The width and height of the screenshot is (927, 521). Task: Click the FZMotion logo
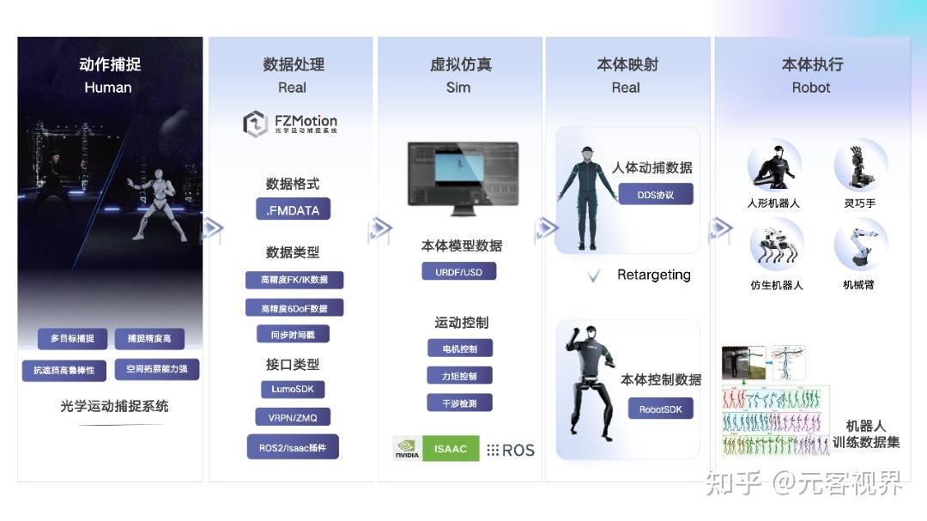point(290,124)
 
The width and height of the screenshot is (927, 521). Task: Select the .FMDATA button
point(293,209)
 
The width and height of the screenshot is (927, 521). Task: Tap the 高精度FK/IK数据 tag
point(294,280)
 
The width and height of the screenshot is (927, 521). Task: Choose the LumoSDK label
point(293,389)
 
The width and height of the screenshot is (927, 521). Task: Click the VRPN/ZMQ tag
point(293,417)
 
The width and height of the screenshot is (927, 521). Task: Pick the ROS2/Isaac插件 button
point(293,447)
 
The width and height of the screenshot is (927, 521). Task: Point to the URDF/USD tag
point(459,272)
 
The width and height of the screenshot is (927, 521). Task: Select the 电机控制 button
point(460,348)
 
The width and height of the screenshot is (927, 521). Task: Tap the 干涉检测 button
point(460,403)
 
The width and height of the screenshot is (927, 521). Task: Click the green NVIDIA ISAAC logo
point(435,449)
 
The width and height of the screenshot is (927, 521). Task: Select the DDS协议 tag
point(655,195)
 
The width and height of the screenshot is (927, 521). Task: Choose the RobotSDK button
point(660,409)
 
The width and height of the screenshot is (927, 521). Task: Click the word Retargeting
point(653,275)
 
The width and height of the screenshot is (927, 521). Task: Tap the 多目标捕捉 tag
point(72,338)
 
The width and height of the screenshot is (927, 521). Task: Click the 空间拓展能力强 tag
point(157,369)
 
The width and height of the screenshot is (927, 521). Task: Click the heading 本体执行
point(811,64)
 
